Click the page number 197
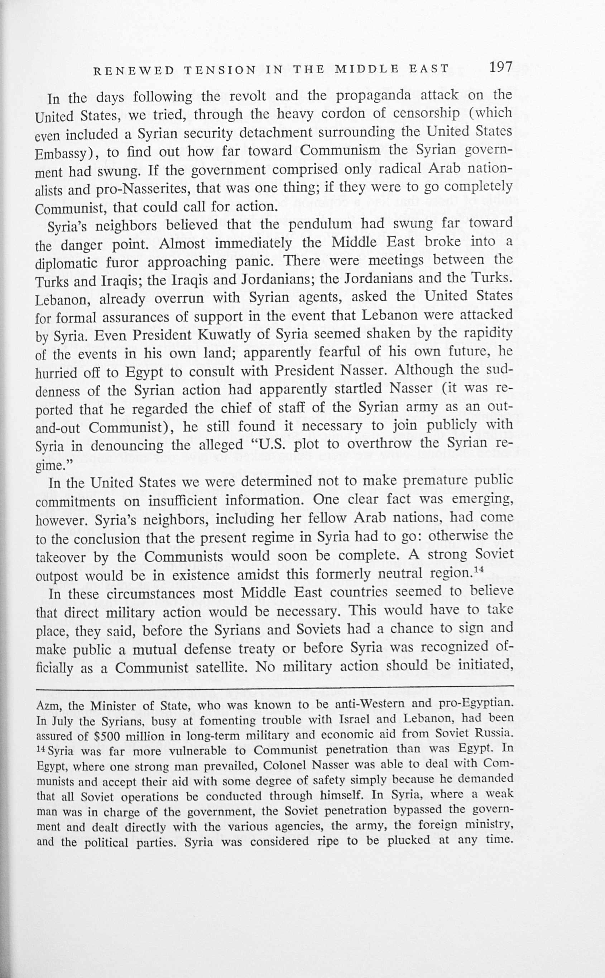pyautogui.click(x=500, y=67)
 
